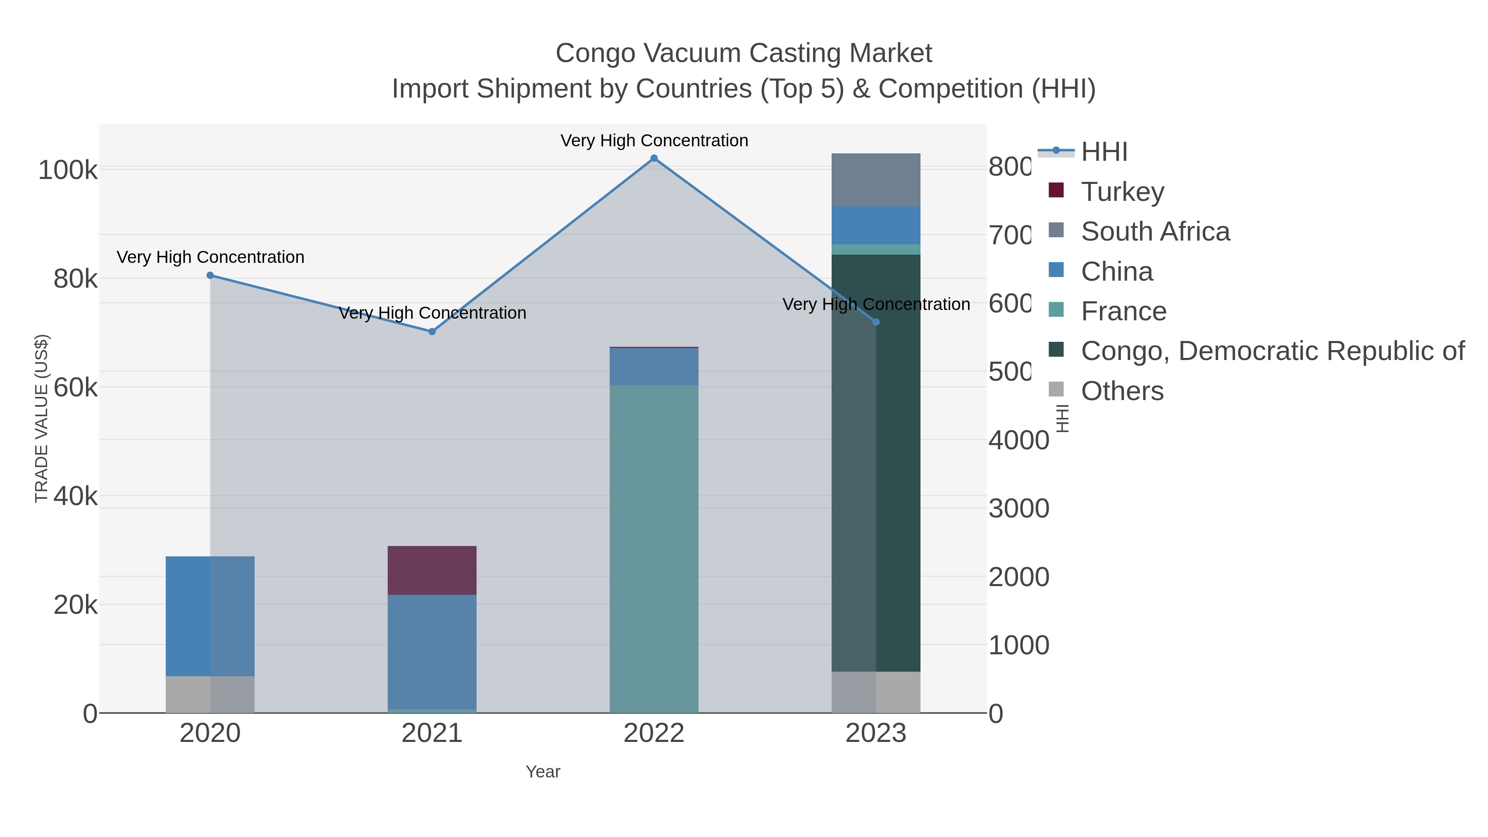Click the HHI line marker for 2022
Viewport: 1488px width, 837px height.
(654, 158)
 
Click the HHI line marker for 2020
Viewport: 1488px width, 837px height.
(210, 276)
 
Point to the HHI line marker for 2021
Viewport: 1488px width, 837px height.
(432, 331)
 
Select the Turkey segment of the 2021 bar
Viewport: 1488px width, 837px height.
(432, 570)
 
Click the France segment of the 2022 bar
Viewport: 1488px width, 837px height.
(654, 549)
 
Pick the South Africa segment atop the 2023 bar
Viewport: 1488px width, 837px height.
(876, 180)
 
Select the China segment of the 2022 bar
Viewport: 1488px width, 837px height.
(654, 366)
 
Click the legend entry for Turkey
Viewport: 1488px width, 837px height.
(1122, 192)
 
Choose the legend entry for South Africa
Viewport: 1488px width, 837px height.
(1155, 231)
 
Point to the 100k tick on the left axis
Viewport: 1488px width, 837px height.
(68, 170)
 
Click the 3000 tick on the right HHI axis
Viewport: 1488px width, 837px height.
(1018, 509)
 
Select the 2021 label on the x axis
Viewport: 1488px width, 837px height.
(432, 734)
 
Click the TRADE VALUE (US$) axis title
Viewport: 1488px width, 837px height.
(42, 418)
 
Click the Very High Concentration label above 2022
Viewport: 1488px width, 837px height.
(654, 141)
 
